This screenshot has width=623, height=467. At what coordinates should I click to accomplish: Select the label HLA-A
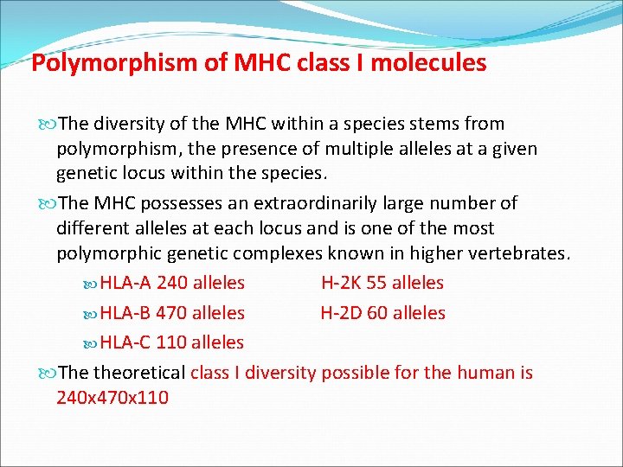[x=126, y=283]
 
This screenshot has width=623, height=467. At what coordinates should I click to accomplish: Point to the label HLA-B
[x=126, y=313]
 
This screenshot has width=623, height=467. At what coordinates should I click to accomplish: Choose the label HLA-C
[x=126, y=342]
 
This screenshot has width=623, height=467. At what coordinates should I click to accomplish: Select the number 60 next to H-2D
[x=378, y=313]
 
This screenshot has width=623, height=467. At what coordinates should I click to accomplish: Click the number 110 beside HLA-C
[x=171, y=342]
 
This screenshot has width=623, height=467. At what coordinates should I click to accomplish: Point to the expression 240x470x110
[x=112, y=399]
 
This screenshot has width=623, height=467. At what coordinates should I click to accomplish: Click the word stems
[x=418, y=124]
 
